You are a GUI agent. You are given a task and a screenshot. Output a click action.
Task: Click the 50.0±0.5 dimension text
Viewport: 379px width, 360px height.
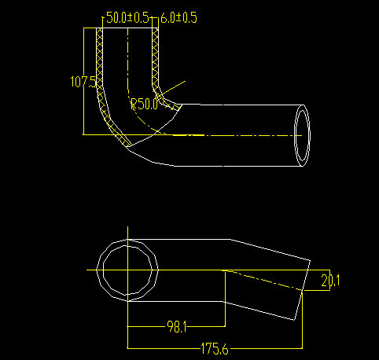(x=127, y=17)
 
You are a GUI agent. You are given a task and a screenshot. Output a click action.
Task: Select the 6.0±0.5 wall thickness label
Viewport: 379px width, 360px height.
(x=178, y=17)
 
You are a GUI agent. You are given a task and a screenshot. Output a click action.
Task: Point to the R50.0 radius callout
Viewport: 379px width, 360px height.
(x=144, y=104)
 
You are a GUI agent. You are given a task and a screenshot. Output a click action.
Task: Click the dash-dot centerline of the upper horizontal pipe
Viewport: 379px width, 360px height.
(x=236, y=135)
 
